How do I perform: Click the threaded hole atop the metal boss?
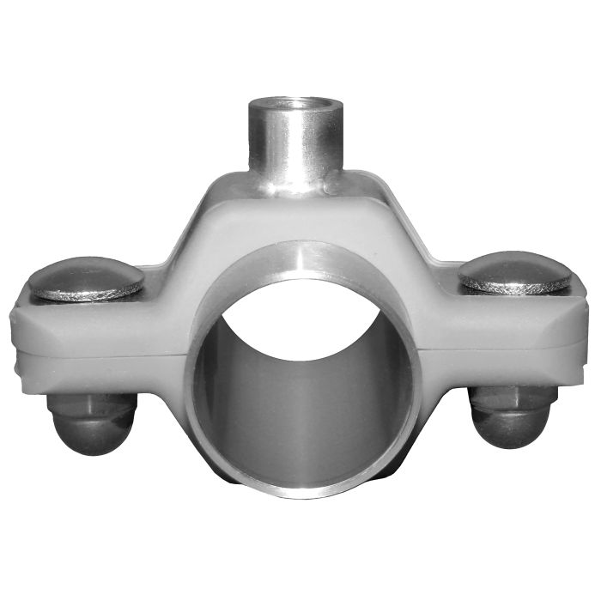point(288,106)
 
